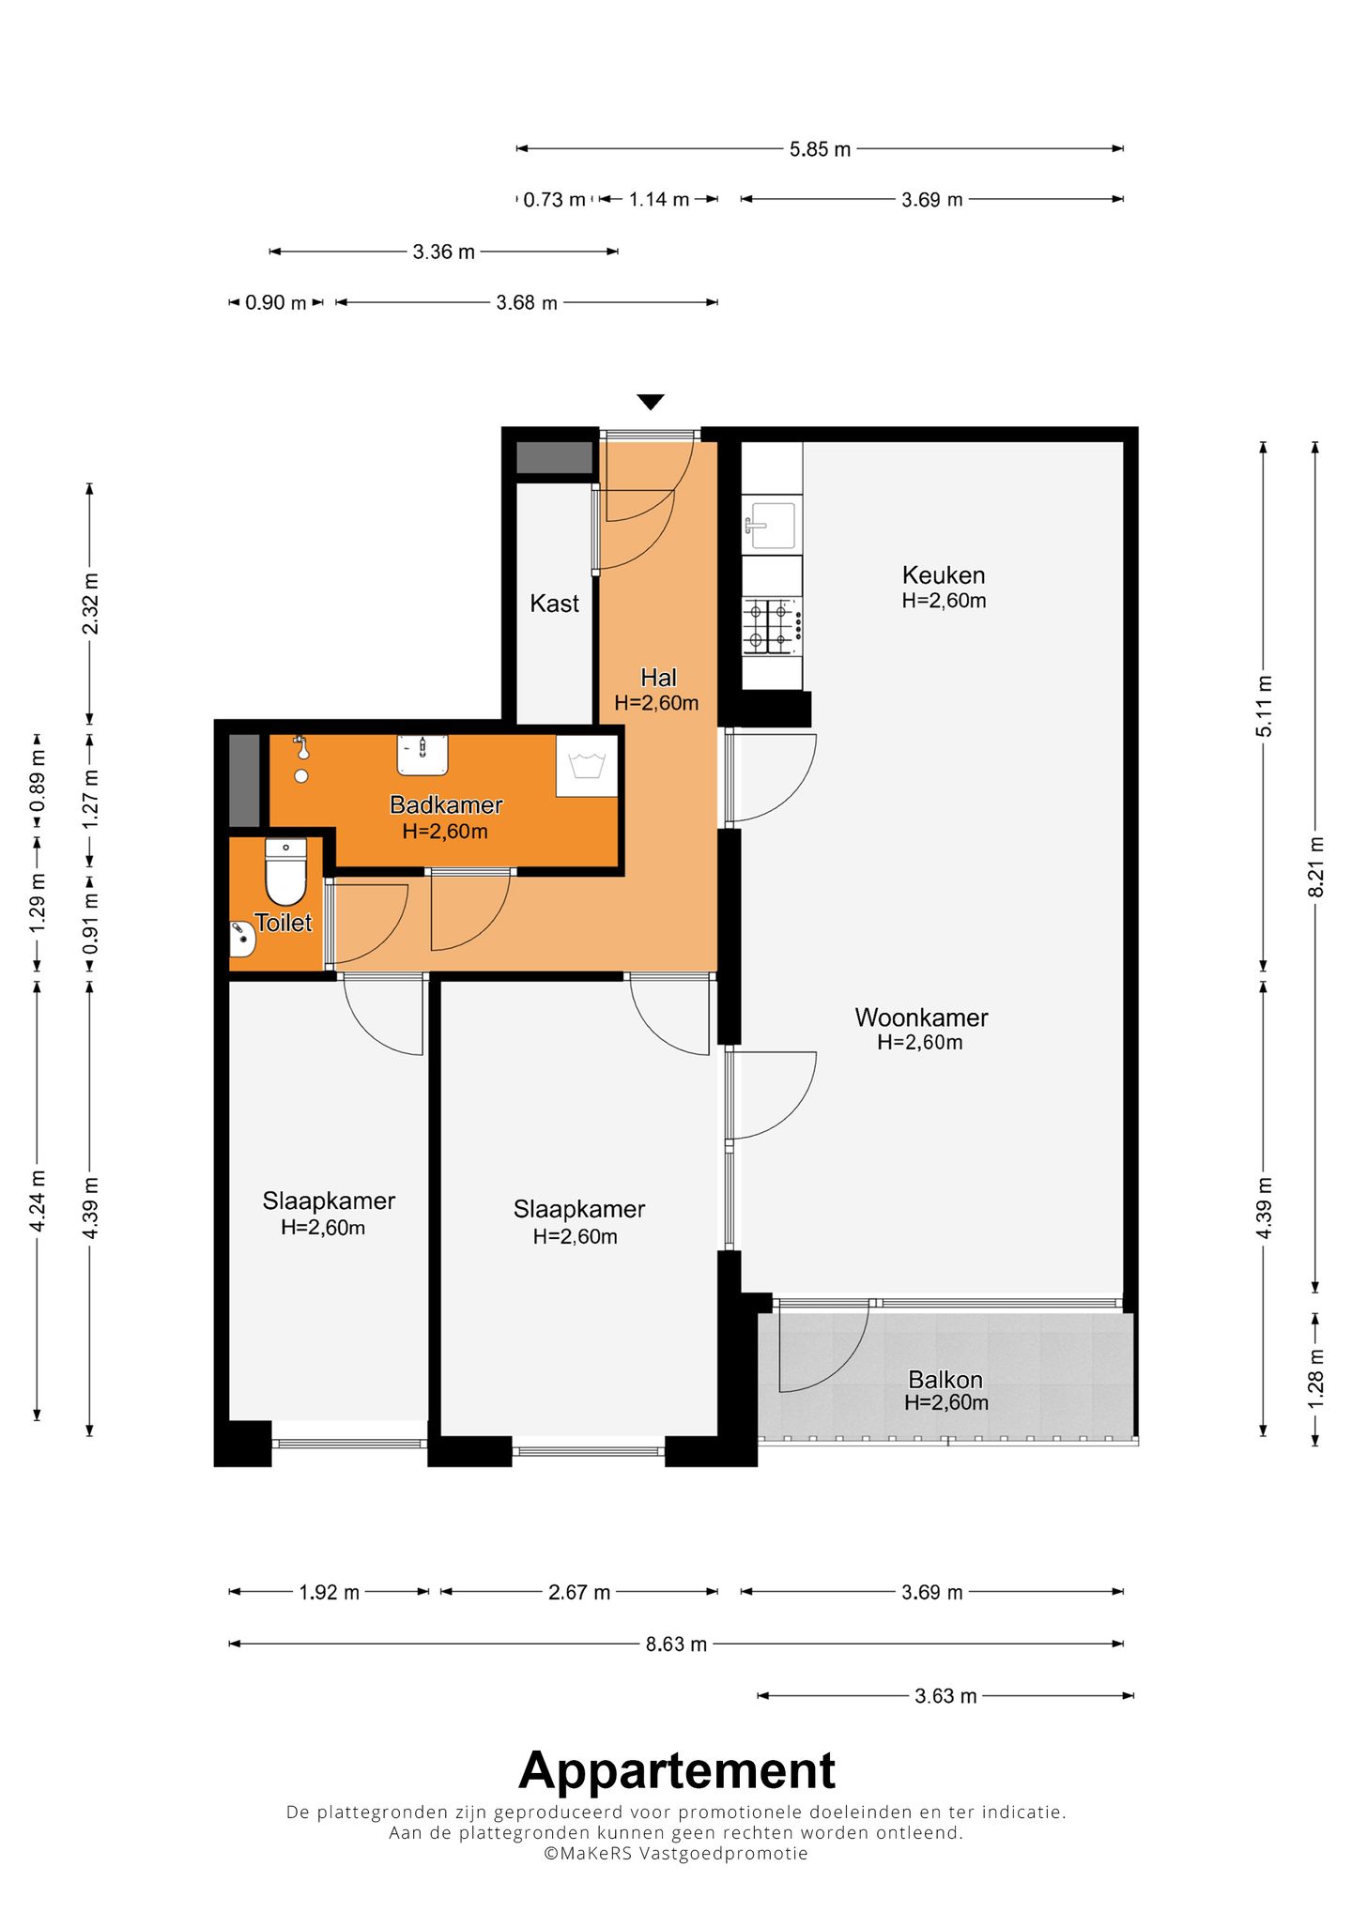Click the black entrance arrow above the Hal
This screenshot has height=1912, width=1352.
pos(651,402)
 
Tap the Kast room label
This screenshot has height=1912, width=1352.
pos(554,604)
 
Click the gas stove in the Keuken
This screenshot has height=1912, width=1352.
pos(772,626)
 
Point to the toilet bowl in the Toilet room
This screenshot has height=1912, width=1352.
pos(285,872)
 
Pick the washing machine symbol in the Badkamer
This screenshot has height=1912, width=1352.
pos(587,765)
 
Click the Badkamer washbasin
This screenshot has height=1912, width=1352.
pos(422,755)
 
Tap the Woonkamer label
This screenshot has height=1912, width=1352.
pos(921,1017)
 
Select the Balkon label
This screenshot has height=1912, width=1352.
pos(945,1380)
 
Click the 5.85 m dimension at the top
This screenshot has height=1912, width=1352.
pos(820,149)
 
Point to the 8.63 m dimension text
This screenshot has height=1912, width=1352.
pos(676,1644)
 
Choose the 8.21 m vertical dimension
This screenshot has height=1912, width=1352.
pos(1315,866)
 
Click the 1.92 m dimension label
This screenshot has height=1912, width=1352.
pos(329,1592)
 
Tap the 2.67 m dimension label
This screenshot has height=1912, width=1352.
pos(579,1592)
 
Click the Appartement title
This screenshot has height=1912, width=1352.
pos(676,1770)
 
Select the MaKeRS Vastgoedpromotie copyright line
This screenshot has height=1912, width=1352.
pos(676,1853)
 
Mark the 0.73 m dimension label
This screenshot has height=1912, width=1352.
pos(554,200)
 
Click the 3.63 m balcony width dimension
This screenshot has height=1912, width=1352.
pos(945,1696)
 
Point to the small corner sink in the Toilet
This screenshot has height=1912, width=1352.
pos(242,940)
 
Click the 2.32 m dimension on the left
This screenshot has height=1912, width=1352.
pos(90,603)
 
